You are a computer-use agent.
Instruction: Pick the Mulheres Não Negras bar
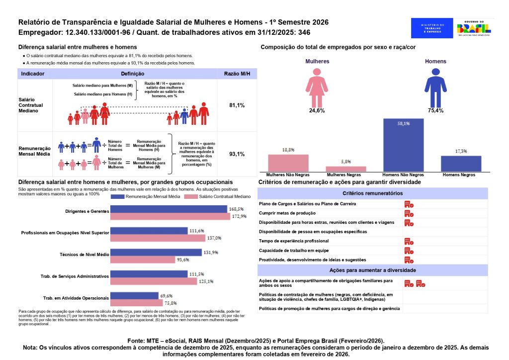[x=288, y=163]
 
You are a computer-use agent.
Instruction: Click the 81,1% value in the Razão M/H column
[x=237, y=105]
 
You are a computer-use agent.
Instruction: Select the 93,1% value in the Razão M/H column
[x=237, y=154]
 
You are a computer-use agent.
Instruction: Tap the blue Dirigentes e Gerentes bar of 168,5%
[x=169, y=209]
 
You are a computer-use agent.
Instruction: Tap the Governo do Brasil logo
[x=476, y=28]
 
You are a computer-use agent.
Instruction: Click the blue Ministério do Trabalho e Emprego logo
[x=432, y=28]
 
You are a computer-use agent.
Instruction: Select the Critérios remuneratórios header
[x=373, y=193]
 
